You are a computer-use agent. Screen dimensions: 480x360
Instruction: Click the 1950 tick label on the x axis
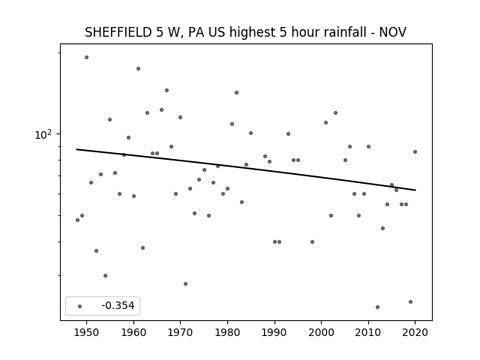tap(87, 332)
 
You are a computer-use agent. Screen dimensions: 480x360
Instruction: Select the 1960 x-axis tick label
tap(133, 332)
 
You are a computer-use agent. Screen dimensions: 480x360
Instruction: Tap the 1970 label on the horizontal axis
tap(180, 332)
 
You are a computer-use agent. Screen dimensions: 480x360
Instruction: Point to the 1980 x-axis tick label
tap(227, 332)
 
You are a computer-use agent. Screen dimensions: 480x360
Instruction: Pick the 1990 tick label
tap(274, 332)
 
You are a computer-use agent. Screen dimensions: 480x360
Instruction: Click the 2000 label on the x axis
tap(321, 332)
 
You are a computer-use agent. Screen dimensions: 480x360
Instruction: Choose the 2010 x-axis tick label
tap(368, 332)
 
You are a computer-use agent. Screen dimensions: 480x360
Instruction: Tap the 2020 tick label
tap(415, 332)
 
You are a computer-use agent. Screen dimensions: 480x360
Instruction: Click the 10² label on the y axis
tap(43, 134)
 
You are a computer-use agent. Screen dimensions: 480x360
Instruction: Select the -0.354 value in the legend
tap(118, 305)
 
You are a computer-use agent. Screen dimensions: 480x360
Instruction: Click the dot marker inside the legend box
tap(80, 306)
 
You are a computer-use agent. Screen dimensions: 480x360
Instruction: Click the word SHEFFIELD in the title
tap(118, 32)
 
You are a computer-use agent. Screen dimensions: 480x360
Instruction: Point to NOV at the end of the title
tap(393, 32)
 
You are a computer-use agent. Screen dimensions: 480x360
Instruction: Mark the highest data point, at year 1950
tap(87, 57)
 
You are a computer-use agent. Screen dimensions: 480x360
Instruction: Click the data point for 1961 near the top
tap(138, 68)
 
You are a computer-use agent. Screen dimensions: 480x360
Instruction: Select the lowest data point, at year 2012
tap(377, 307)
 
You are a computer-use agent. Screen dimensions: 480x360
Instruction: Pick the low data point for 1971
tap(185, 283)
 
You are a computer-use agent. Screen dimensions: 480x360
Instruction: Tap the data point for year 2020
tap(415, 151)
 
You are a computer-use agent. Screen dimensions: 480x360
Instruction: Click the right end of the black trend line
tap(415, 190)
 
